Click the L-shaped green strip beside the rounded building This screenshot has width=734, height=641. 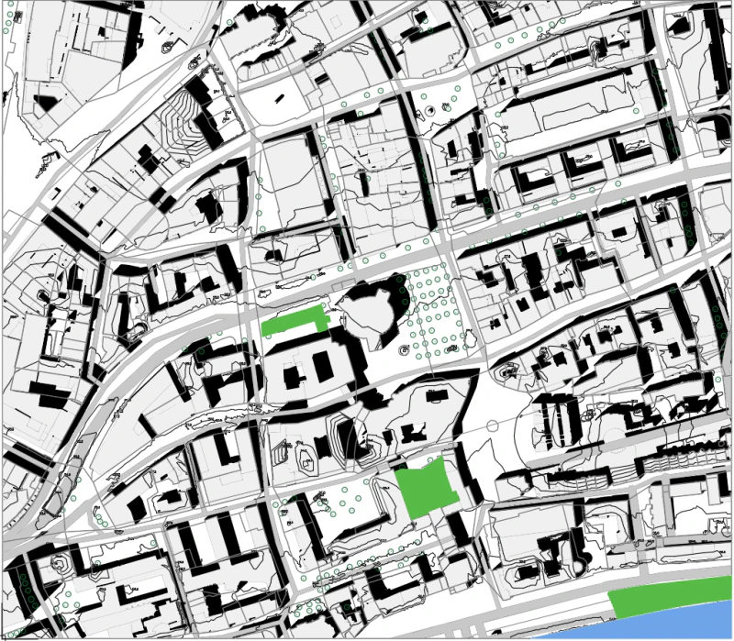pyautogui.click(x=294, y=323)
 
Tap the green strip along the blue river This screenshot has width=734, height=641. pyautogui.click(x=667, y=599)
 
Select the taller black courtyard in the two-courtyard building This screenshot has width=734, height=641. pyautogui.click(x=323, y=366)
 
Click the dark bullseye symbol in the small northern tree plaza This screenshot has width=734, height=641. pyautogui.click(x=430, y=110)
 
